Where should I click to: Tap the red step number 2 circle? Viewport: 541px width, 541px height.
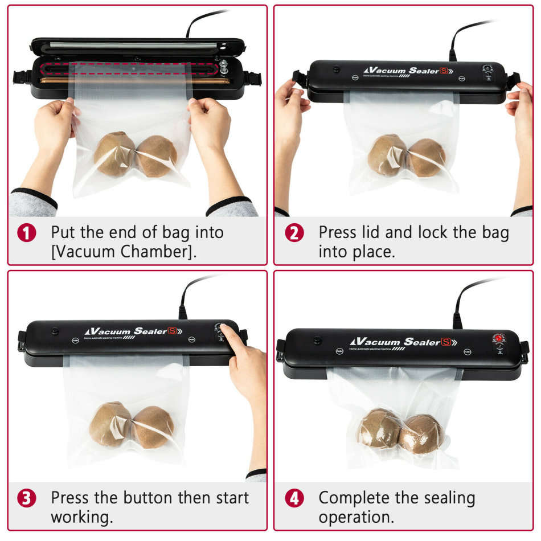click(294, 233)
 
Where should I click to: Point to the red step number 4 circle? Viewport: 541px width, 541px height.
click(294, 498)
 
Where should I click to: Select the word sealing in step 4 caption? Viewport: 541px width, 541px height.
click(442, 498)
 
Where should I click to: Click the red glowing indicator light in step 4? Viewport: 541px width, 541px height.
click(499, 339)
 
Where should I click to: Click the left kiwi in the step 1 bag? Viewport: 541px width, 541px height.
click(114, 154)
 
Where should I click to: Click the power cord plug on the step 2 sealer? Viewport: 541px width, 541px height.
click(452, 55)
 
